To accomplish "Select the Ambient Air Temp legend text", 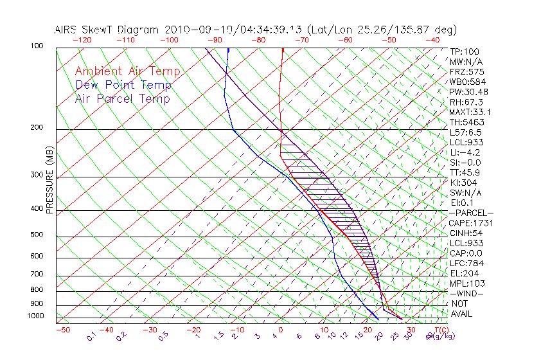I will click(127, 71).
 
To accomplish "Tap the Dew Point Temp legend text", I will click(123, 85).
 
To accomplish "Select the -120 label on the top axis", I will click(82, 39).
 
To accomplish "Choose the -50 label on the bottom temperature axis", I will click(63, 330).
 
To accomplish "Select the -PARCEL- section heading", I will click(471, 213).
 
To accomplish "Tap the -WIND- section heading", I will click(466, 293).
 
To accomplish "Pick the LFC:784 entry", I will click(466, 263).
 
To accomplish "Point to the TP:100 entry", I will click(465, 51).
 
